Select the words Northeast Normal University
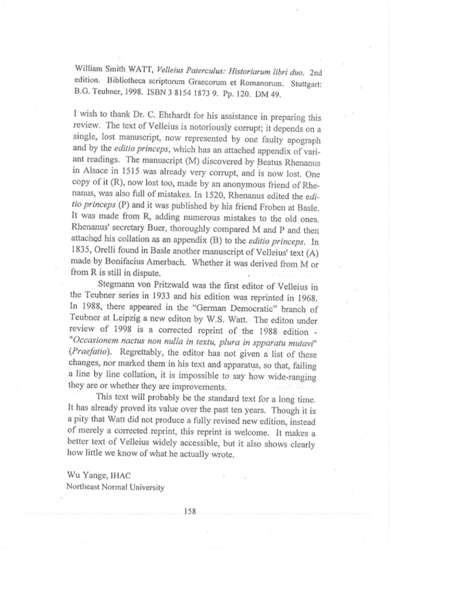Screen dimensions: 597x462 point(115,488)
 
